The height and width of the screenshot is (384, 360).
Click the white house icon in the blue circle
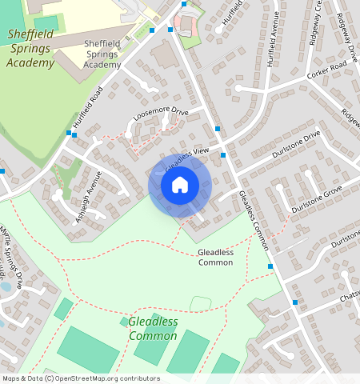pyautogui.click(x=180, y=185)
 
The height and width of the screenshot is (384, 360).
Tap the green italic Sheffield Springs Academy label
pyautogui.click(x=30, y=48)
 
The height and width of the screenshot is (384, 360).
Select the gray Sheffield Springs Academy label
pyautogui.click(x=102, y=53)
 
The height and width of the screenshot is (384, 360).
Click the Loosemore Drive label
pyautogui.click(x=160, y=118)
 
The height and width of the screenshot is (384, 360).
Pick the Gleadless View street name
pyautogui.click(x=187, y=159)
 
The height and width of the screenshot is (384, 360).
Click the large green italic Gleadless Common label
pyautogui.click(x=154, y=328)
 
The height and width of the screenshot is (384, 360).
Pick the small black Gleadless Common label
pyautogui.click(x=215, y=257)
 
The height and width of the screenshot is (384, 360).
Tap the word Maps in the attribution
pyautogui.click(x=11, y=378)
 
